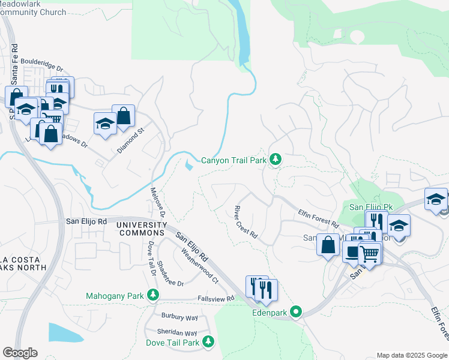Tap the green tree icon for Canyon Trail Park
(276, 160)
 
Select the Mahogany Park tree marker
(154, 295)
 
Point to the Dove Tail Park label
(172, 343)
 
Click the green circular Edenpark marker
(295, 312)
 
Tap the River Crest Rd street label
(245, 222)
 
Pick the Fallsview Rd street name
(215, 298)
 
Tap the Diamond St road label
(131, 140)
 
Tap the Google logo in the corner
(20, 353)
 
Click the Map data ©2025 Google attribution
(411, 355)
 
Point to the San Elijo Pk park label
(370, 207)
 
